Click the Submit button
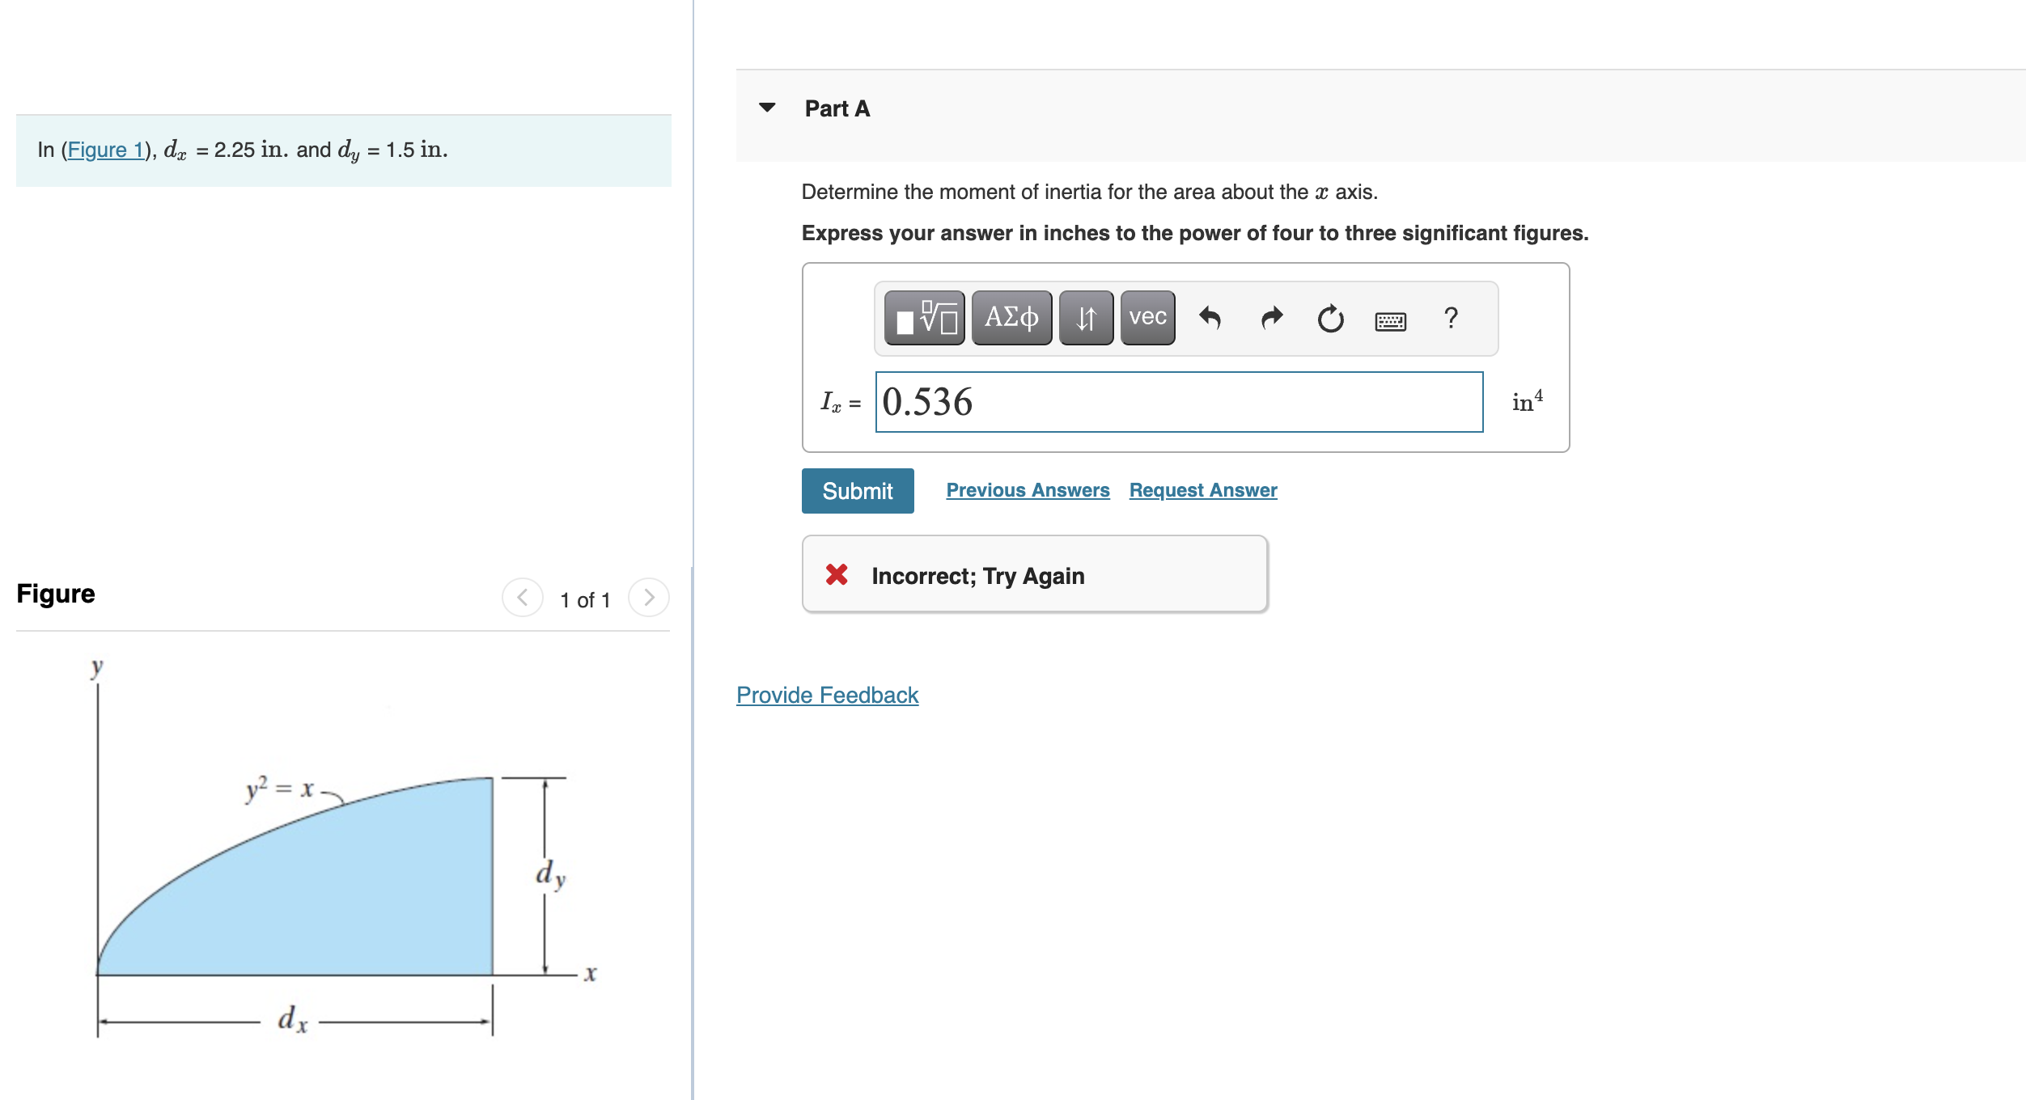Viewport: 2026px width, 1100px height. coord(857,491)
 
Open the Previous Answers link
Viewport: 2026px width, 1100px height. coord(1028,490)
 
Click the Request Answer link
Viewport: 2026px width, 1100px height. coord(1202,490)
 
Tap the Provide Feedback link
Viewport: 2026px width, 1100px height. coord(827,695)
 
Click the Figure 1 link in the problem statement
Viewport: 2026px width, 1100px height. coord(105,150)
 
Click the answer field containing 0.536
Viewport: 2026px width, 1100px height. coord(1178,402)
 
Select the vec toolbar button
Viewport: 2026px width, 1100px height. coord(1147,317)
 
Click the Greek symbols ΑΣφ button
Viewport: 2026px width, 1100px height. coord(1011,317)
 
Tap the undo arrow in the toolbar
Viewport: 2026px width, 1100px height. coord(1210,318)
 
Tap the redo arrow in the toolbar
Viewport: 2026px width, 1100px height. coord(1271,318)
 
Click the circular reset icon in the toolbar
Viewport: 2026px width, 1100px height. coord(1330,319)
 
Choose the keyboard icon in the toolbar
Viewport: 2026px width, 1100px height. coord(1390,321)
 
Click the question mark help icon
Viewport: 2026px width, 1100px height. coord(1451,318)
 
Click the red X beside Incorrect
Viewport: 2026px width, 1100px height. coord(837,574)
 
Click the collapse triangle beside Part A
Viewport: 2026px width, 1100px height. coord(767,108)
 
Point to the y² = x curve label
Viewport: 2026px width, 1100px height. coord(279,788)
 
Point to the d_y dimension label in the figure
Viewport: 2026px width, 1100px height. coord(550,875)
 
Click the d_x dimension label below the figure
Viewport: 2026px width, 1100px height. coord(292,1019)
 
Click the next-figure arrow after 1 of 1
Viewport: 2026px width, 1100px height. coord(648,598)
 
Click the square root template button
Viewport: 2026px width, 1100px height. coord(924,317)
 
